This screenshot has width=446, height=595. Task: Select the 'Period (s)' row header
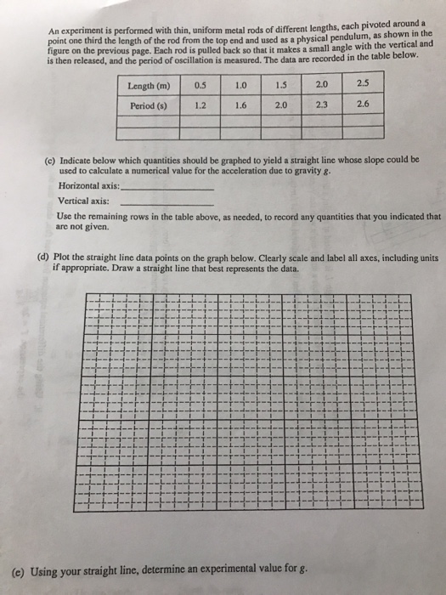149,106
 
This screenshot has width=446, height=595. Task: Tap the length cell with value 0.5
200,85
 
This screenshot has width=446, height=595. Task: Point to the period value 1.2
200,105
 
